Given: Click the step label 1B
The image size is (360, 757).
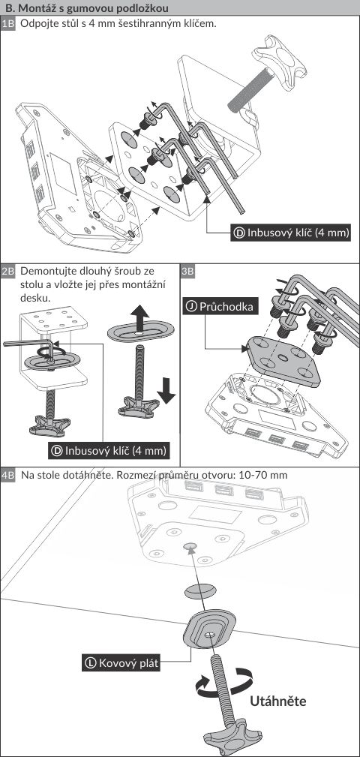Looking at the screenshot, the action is point(9,24).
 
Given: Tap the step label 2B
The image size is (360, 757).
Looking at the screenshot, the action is point(9,271).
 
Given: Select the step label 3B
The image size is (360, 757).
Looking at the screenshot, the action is point(188,271).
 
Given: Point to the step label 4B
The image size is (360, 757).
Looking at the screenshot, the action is point(9,475).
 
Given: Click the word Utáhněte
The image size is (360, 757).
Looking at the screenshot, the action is point(278,701).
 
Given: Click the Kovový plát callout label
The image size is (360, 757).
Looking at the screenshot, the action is point(121,662).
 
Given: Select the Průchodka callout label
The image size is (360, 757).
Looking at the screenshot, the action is point(219,306).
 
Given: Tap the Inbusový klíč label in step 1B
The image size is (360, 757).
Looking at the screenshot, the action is point(291,233).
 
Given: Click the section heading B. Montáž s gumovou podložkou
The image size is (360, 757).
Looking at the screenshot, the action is point(87,8).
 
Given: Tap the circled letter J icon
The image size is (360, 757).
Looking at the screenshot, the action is point(192,307).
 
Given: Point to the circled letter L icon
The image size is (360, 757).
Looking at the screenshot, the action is point(91,662).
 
